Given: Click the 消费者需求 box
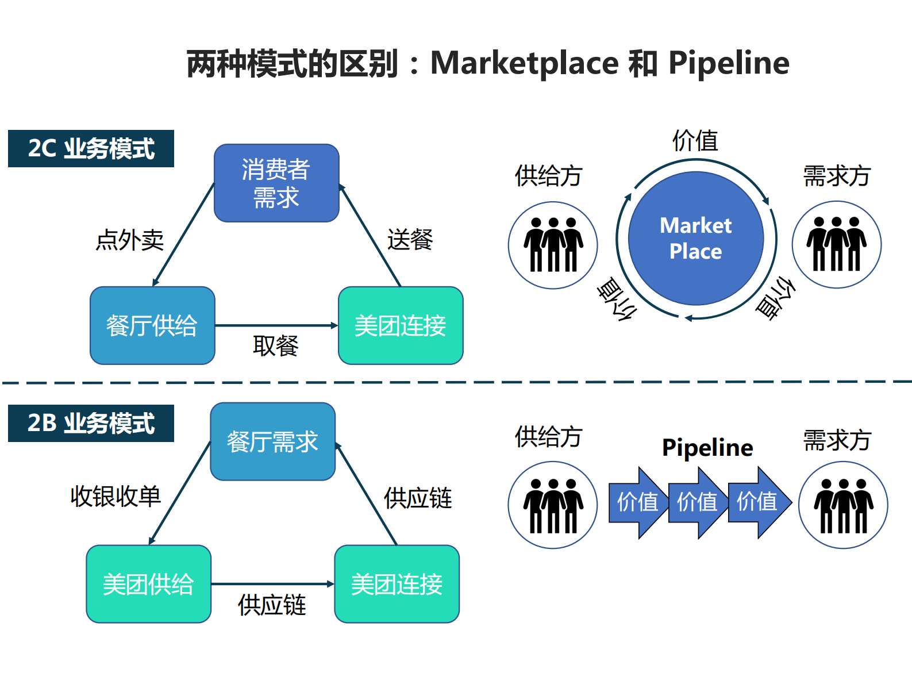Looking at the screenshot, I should click(276, 183).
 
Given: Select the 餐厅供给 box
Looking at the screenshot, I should click(152, 325).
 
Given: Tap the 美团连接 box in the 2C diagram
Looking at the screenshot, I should click(401, 325).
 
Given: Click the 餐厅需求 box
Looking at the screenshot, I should click(272, 441).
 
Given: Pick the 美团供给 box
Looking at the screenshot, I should click(148, 584).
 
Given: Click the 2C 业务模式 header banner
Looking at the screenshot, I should click(91, 148).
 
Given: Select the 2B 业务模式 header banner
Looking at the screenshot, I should click(91, 423).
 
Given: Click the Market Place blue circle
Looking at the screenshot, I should click(695, 238).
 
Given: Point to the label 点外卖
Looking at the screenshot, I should click(130, 240).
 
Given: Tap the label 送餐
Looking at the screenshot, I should click(410, 240).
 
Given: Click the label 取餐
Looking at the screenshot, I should click(275, 345).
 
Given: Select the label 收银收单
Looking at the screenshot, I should click(116, 496).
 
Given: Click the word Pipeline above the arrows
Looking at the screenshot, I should click(707, 447).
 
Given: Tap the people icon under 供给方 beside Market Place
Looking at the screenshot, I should click(553, 245).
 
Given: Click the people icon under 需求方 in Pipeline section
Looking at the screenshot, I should click(843, 505).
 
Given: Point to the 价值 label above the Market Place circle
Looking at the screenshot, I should click(695, 140).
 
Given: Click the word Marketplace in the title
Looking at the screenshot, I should click(524, 63).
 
